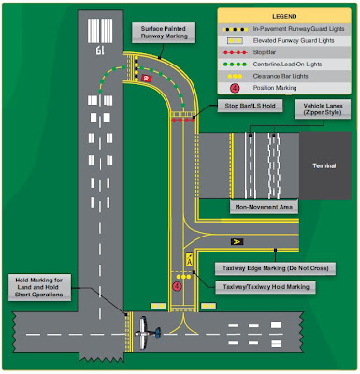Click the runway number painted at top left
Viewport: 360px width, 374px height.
pos(98,50)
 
